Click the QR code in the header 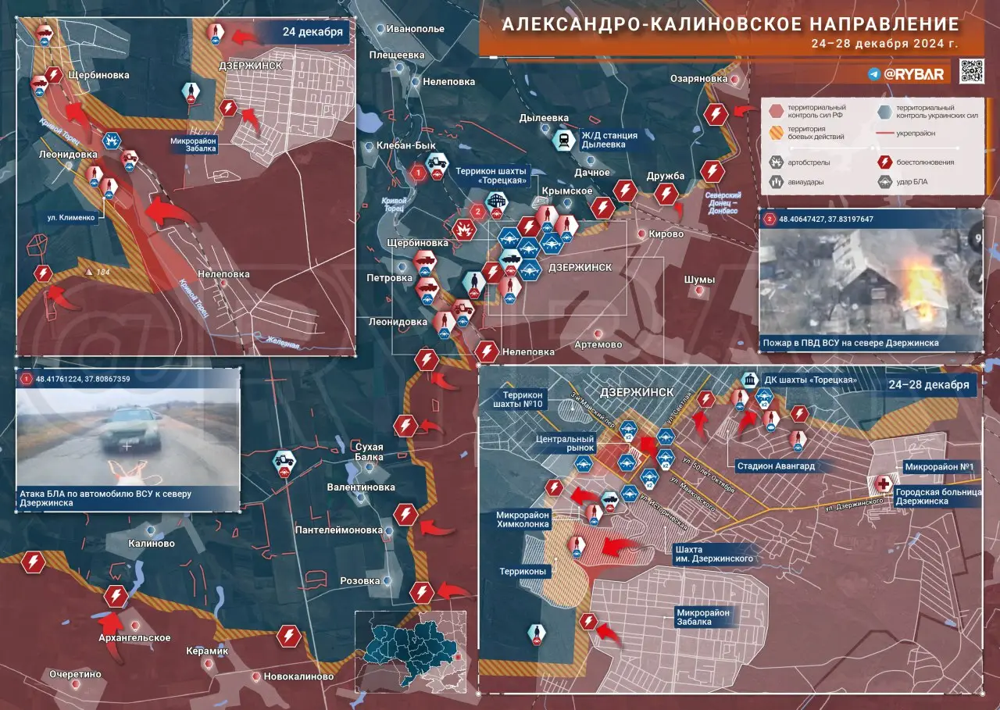point(972,71)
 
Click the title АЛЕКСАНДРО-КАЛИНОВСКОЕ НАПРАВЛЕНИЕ point(730,23)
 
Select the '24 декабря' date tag point(312,33)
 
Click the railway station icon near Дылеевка point(562,141)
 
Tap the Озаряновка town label point(699,79)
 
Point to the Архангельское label point(134,638)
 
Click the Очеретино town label point(76,674)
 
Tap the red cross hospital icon point(884,483)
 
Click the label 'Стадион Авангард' point(775,466)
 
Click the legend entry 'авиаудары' point(805,182)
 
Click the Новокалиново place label point(298,676)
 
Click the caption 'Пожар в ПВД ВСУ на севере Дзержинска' point(849,343)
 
